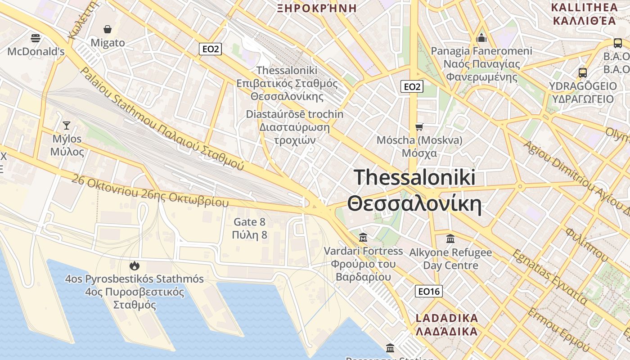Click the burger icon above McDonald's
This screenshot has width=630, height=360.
coord(36,38)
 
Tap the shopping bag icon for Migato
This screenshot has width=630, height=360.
coord(108,30)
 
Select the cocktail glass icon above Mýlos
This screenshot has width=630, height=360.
coord(67,126)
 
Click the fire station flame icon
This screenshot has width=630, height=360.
coord(134,265)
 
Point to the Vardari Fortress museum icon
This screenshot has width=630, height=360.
coord(363,237)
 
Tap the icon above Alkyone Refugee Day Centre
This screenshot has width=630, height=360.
coord(450,239)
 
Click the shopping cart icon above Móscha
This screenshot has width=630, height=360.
coord(419,127)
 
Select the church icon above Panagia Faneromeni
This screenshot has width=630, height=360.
coord(481,38)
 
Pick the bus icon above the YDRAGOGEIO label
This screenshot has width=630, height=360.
coord(583,72)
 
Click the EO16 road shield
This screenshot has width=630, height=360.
coord(428,292)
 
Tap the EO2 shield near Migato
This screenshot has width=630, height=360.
coord(211,49)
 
